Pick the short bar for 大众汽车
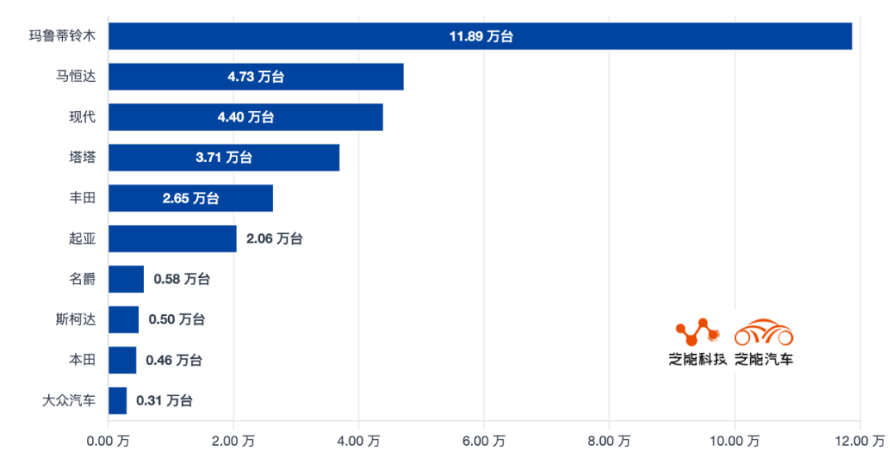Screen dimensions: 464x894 (118, 400)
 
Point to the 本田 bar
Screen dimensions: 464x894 (123, 360)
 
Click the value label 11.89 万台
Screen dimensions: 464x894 (481, 36)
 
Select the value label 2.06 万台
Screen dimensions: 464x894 (274, 239)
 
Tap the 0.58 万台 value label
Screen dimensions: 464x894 (181, 280)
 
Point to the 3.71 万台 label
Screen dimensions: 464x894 (223, 158)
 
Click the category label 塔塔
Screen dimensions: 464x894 (82, 158)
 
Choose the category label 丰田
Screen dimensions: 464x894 (82, 199)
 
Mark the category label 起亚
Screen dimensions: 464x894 (82, 239)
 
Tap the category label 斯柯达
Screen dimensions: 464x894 (75, 320)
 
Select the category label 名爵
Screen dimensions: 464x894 (82, 280)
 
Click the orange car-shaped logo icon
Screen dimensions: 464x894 (763, 332)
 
